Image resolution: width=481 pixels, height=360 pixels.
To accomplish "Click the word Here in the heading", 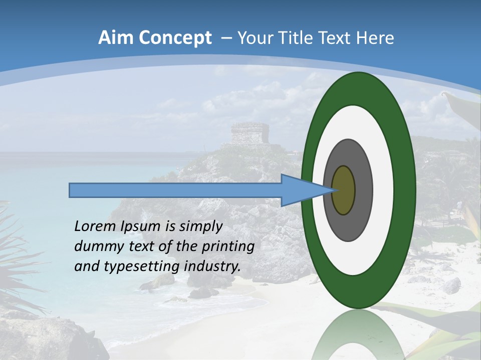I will [x=375, y=38].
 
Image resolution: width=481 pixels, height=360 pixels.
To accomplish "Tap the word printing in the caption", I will [x=227, y=246].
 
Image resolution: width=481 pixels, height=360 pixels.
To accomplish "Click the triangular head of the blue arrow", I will [x=301, y=190].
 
